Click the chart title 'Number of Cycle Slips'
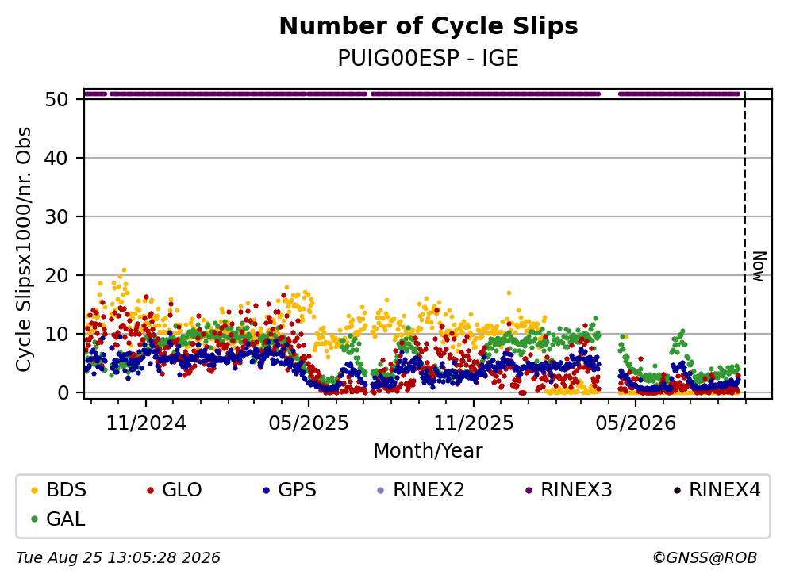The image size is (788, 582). click(x=429, y=26)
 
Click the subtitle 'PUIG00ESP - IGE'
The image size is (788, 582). click(x=429, y=59)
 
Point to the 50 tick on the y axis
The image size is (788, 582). click(x=57, y=99)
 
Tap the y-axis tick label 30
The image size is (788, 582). click(x=57, y=217)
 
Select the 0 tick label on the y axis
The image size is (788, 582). click(x=63, y=392)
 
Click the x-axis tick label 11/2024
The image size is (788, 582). click(x=146, y=423)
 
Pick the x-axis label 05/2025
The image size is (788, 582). click(x=309, y=423)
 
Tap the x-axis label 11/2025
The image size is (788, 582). click(x=474, y=423)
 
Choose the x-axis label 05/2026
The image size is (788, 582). click(x=636, y=423)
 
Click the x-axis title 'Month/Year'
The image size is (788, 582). click(x=429, y=451)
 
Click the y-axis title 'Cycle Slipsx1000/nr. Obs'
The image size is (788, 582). click(x=24, y=250)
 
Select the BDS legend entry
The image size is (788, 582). click(x=59, y=489)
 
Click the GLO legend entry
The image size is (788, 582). click(x=175, y=489)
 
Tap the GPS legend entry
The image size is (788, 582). click(x=290, y=489)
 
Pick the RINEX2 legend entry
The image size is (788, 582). click(x=421, y=489)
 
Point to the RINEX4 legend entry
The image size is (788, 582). click(x=717, y=489)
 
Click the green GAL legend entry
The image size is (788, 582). click(x=58, y=519)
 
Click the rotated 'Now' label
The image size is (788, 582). click(x=759, y=266)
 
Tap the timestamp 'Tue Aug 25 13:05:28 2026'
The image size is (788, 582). click(x=118, y=558)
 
